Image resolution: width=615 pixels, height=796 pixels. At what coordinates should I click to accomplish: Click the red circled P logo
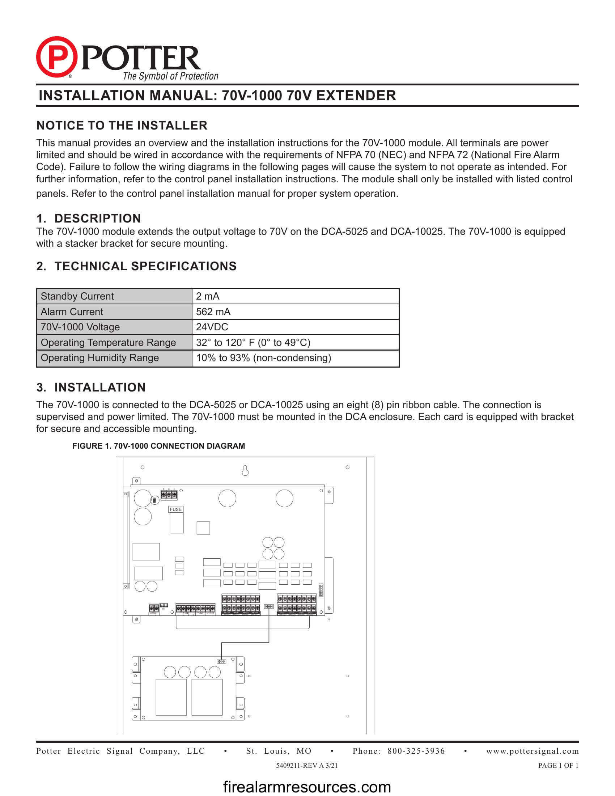point(56,57)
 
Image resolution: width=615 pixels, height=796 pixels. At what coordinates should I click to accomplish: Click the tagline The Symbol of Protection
point(170,76)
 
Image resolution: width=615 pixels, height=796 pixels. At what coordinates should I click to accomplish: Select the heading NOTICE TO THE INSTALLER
point(122,126)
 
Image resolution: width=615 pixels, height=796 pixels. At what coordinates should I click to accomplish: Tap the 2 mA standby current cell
point(208,296)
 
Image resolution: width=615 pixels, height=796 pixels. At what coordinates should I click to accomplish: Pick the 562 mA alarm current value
point(213,312)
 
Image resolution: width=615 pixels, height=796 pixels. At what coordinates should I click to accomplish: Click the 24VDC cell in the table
point(212,327)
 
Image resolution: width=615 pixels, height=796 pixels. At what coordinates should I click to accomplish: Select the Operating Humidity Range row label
point(99,357)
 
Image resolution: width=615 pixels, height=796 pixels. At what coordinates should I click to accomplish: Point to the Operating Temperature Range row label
point(108,342)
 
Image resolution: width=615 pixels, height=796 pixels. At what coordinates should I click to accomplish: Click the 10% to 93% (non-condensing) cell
point(263,357)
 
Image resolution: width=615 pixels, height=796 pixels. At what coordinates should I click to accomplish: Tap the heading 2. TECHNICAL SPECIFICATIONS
point(136,266)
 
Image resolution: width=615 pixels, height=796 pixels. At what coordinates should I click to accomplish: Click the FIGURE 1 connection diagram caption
point(158,446)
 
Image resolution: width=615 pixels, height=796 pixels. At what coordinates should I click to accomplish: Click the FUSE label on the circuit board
point(175,509)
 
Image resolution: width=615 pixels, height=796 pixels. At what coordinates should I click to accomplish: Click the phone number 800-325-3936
point(416,751)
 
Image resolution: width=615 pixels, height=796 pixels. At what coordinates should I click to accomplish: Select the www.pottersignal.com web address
point(532,751)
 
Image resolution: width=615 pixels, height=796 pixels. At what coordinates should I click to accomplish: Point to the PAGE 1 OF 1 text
point(558,765)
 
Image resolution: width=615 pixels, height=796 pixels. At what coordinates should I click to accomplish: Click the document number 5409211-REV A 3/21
point(307,765)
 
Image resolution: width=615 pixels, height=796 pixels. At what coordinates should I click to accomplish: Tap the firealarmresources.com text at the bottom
point(307,787)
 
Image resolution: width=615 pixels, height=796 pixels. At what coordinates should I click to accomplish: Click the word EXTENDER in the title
point(356,96)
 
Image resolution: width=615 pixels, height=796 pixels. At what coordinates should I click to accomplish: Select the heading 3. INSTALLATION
point(91,387)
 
